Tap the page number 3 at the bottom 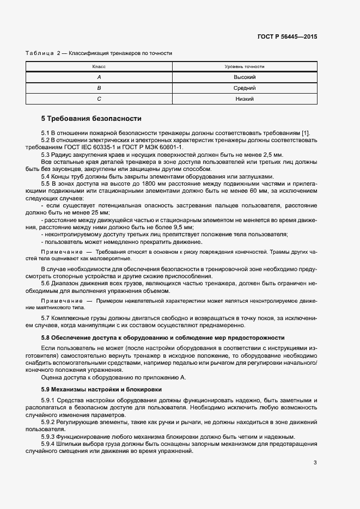[315, 463]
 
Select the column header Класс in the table [99, 66]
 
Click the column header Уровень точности [245, 66]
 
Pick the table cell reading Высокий [245, 77]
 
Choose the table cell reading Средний [245, 88]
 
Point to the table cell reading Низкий [245, 99]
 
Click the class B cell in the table [99, 88]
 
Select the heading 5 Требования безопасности [91, 118]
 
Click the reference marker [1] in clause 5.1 [306, 133]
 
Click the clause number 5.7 [46, 318]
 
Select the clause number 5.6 [46, 284]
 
